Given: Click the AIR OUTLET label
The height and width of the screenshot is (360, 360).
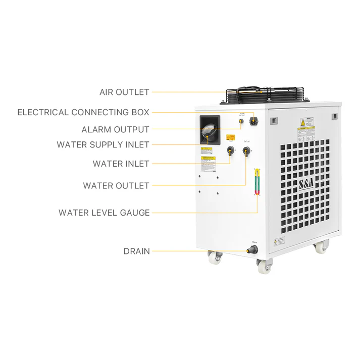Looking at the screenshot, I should (124, 92).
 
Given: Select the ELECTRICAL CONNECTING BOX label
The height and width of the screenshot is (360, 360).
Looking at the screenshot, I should (83, 112).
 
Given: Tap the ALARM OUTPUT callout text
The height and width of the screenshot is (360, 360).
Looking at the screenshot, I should (115, 130).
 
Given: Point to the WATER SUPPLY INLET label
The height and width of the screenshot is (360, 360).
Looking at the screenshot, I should (103, 145).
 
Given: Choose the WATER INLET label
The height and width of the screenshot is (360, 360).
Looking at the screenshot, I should (121, 164).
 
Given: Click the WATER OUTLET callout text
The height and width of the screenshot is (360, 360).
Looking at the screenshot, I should (116, 186).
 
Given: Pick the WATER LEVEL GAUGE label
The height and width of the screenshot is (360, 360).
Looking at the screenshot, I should (104, 213).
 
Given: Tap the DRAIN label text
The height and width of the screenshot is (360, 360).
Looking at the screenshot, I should (136, 251).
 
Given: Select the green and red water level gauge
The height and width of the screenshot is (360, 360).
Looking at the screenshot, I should (257, 181).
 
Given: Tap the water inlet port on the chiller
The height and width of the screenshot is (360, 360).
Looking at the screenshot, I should (230, 150).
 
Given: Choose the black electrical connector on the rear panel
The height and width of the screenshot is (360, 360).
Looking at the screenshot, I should (253, 122).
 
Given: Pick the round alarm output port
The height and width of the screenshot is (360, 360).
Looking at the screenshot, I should (241, 121).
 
